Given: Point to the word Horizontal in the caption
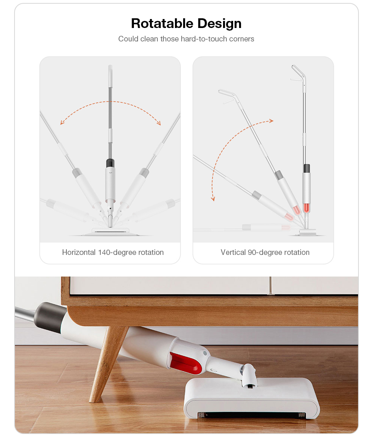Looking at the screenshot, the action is [79, 252].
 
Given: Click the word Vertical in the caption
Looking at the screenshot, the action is [233, 252].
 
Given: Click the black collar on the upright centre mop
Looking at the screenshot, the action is [110, 163].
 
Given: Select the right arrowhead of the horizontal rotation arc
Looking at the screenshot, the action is [159, 123].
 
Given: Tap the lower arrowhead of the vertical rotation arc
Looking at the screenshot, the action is [213, 199].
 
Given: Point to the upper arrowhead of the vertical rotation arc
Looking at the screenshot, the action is [271, 121].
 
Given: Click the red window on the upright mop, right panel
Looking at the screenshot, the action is [306, 208].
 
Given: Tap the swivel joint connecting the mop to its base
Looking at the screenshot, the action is [249, 377].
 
